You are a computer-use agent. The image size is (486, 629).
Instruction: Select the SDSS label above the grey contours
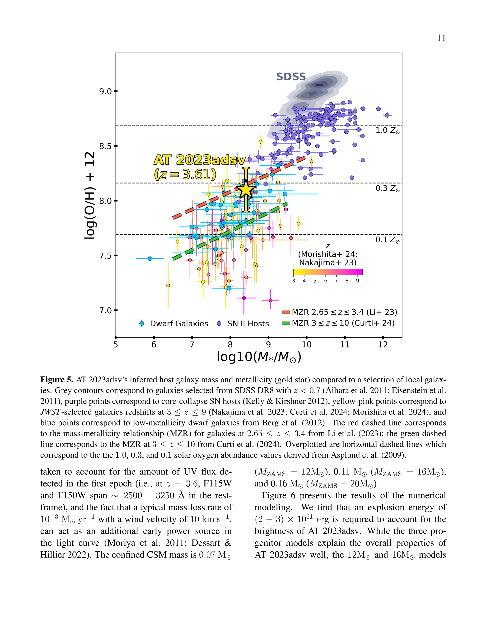click(x=291, y=77)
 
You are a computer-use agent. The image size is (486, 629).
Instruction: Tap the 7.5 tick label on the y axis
click(x=105, y=256)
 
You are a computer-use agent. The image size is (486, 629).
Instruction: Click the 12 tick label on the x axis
click(x=383, y=345)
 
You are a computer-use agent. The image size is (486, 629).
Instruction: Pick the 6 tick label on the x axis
click(x=154, y=345)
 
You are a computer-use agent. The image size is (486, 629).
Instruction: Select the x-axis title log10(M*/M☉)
click(x=259, y=357)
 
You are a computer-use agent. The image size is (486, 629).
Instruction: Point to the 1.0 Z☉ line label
click(x=387, y=131)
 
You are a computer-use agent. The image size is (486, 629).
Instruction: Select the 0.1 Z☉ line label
click(x=387, y=240)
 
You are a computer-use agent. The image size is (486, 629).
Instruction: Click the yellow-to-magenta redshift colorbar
click(x=328, y=272)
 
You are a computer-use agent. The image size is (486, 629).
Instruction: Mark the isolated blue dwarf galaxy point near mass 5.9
click(x=150, y=259)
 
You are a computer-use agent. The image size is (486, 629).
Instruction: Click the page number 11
click(x=441, y=38)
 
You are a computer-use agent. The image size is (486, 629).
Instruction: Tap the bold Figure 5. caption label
click(x=57, y=380)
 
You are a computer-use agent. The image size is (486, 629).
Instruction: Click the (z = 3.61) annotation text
click(x=185, y=174)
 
